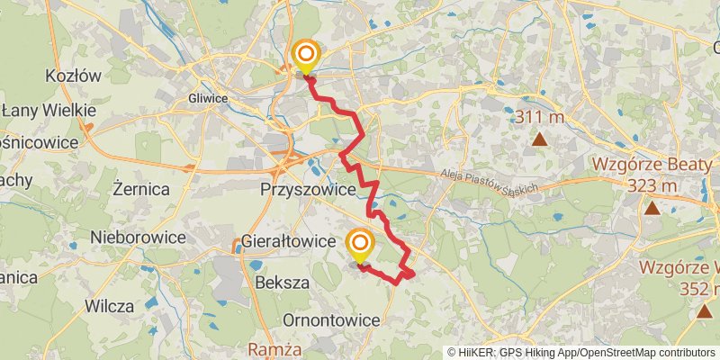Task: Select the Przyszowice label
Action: pos(305,190)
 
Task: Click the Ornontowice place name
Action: pos(328,320)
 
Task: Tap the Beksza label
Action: pos(282,282)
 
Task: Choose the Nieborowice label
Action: pos(138,238)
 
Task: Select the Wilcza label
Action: pos(109,306)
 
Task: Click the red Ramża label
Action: pos(276,348)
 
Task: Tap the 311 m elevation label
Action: pos(539,117)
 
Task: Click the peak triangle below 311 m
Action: pos(539,139)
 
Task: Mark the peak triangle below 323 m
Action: pos(651,209)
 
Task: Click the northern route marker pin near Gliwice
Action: pos(306,58)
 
